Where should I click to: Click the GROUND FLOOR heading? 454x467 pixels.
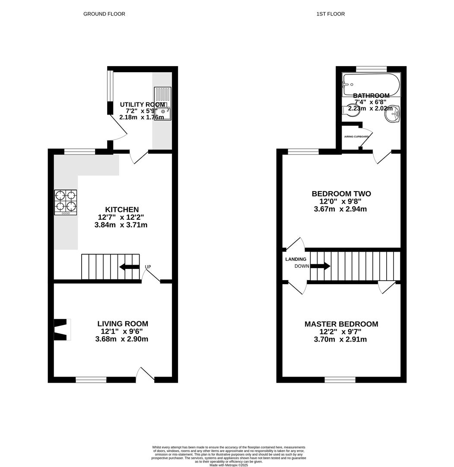104,14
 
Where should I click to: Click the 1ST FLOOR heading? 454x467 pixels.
330,14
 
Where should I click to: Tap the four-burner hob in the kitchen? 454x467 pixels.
66,202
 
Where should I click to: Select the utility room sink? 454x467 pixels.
162,104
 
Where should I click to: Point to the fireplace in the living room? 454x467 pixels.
61,330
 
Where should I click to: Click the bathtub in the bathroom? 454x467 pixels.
371,84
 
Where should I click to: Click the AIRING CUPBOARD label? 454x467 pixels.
356,137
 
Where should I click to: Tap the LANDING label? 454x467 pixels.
295,259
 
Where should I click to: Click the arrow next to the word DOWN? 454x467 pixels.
320,266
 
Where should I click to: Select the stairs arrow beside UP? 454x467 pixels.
129,267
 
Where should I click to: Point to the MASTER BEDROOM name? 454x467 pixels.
341,324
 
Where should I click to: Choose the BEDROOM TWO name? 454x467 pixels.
341,194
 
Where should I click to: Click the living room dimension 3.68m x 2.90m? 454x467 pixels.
122,339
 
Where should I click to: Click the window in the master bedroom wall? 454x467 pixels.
340,380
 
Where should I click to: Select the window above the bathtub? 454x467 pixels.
371,69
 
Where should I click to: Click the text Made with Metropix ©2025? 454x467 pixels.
229,465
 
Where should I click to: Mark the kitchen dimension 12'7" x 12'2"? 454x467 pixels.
121,217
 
